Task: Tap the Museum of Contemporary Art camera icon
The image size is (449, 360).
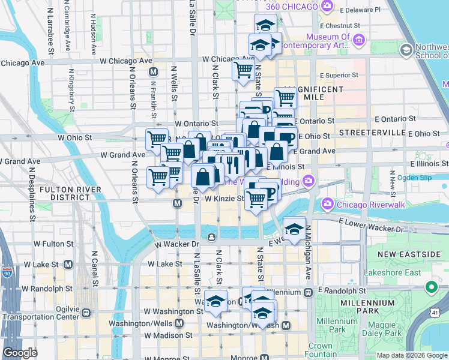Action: pos(359,41)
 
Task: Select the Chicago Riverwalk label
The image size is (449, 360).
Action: pos(358,205)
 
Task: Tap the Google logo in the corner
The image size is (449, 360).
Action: pos(20,353)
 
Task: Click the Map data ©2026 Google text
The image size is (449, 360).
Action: pos(412,355)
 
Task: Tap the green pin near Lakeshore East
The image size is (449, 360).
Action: pos(430,287)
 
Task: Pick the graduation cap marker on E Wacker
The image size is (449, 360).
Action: pos(294,229)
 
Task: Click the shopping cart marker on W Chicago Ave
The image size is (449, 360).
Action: pos(243,70)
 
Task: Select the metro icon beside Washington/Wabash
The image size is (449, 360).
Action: pos(286,325)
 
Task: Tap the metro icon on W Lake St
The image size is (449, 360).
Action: pos(68,264)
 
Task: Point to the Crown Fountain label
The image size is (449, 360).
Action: pos(321,350)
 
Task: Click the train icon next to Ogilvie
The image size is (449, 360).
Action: pos(86,312)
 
